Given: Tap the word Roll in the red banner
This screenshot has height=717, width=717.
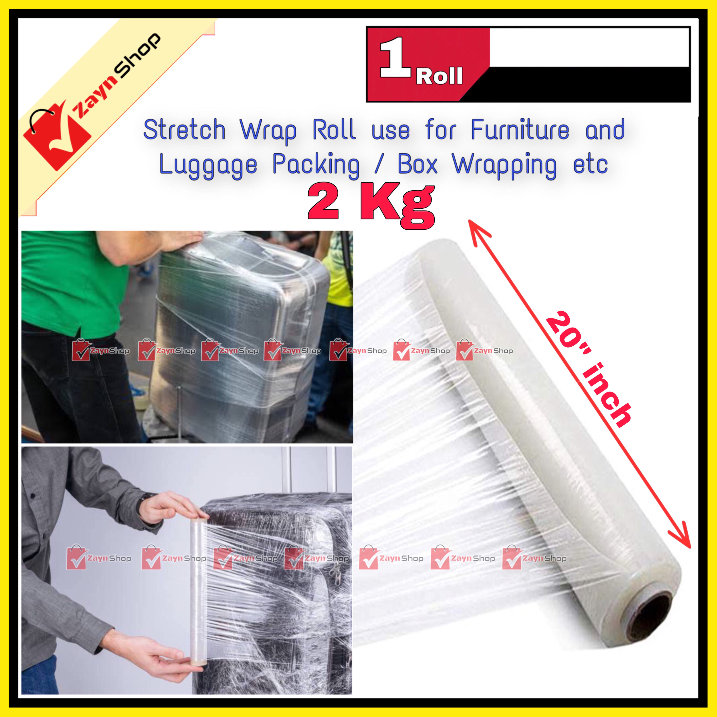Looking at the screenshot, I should point(439,77).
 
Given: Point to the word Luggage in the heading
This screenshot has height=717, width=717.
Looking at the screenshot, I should point(208,165).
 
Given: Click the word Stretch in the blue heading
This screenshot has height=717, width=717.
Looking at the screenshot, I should point(184,130).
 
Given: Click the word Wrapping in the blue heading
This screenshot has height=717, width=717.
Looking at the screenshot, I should point(505,165).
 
